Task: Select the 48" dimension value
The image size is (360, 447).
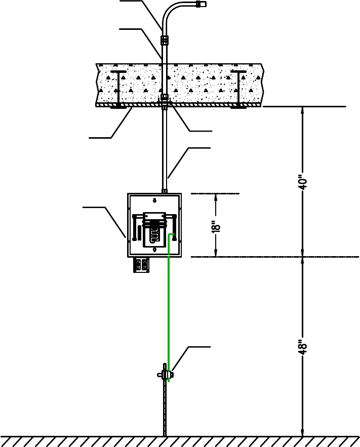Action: [x=302, y=347]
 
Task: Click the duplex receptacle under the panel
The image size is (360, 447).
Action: [x=141, y=265]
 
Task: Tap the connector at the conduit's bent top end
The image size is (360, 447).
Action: [x=201, y=4]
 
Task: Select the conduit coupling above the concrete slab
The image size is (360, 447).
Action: [x=165, y=40]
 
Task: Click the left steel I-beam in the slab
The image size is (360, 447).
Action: [x=118, y=89]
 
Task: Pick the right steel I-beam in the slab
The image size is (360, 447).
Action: [x=238, y=89]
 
